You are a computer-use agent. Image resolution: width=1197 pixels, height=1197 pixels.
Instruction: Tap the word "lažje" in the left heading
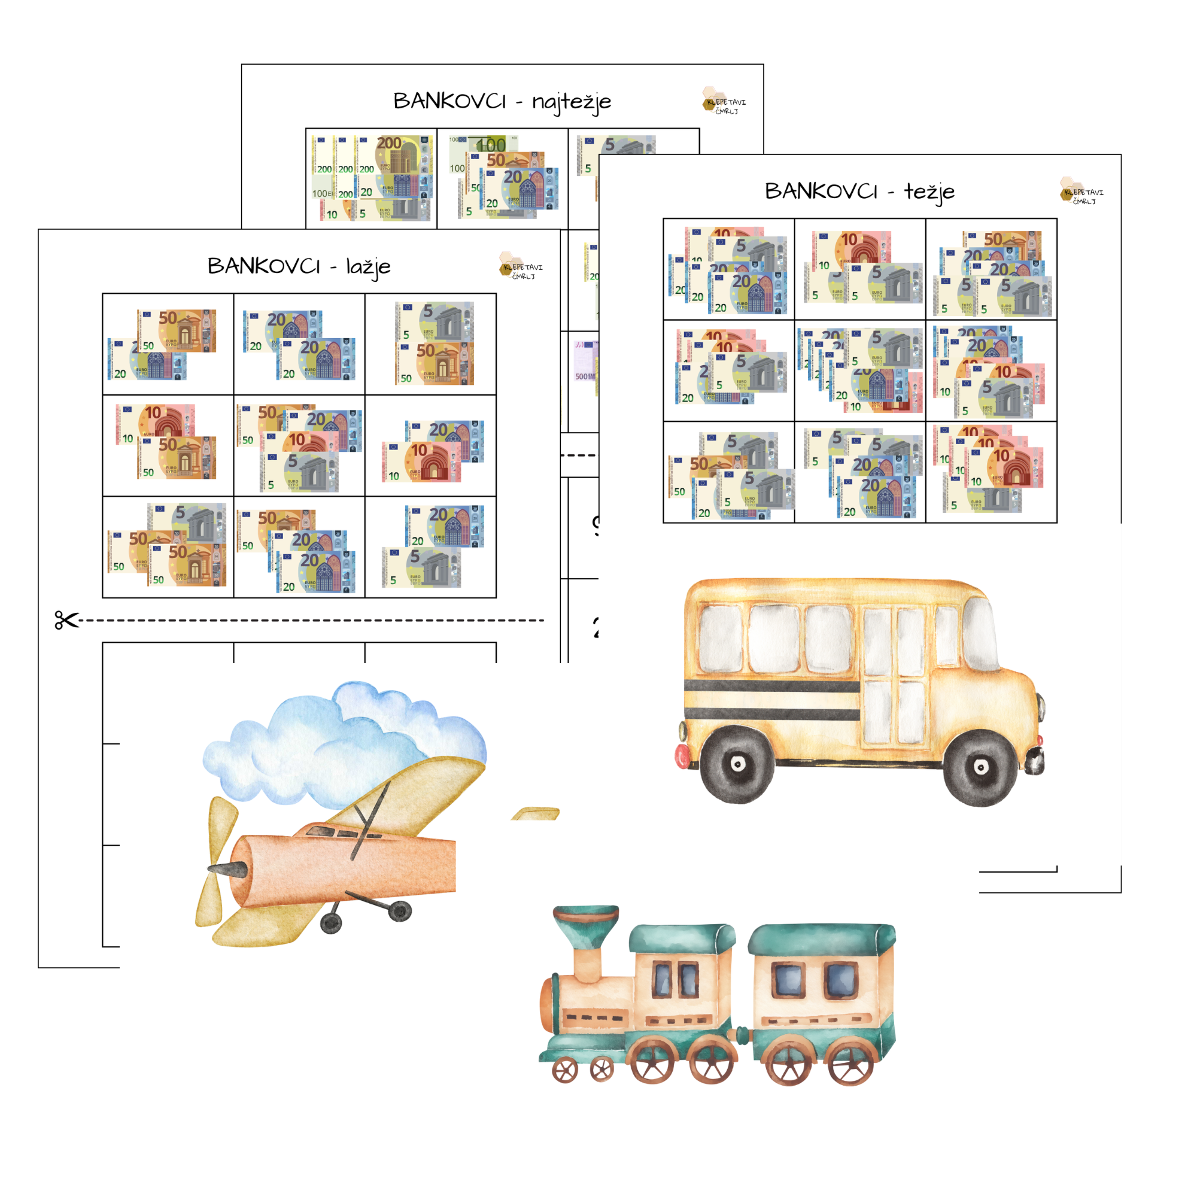pyautogui.click(x=368, y=267)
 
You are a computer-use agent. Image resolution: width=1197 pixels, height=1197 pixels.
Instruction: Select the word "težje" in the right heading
pyautogui.click(x=929, y=192)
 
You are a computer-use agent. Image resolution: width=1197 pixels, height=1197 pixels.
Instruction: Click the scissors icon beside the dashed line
pyautogui.click(x=66, y=620)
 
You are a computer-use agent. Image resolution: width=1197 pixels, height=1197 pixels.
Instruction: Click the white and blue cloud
pyautogui.click(x=341, y=737)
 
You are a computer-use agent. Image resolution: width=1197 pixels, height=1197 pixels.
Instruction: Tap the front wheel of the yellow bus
pyautogui.click(x=980, y=767)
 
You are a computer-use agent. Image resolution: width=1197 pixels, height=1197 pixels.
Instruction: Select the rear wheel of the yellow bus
pyautogui.click(x=737, y=763)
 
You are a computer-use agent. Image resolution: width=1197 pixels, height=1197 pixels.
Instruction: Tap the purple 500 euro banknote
pyautogui.click(x=585, y=366)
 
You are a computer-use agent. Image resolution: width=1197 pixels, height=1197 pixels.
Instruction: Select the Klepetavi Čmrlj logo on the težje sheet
pyautogui.click(x=1080, y=193)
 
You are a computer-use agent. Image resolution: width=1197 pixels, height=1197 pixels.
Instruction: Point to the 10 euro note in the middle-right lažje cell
pyautogui.click(x=422, y=461)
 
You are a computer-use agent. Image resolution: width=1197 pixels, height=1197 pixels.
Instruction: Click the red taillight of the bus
pyautogui.click(x=682, y=755)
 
